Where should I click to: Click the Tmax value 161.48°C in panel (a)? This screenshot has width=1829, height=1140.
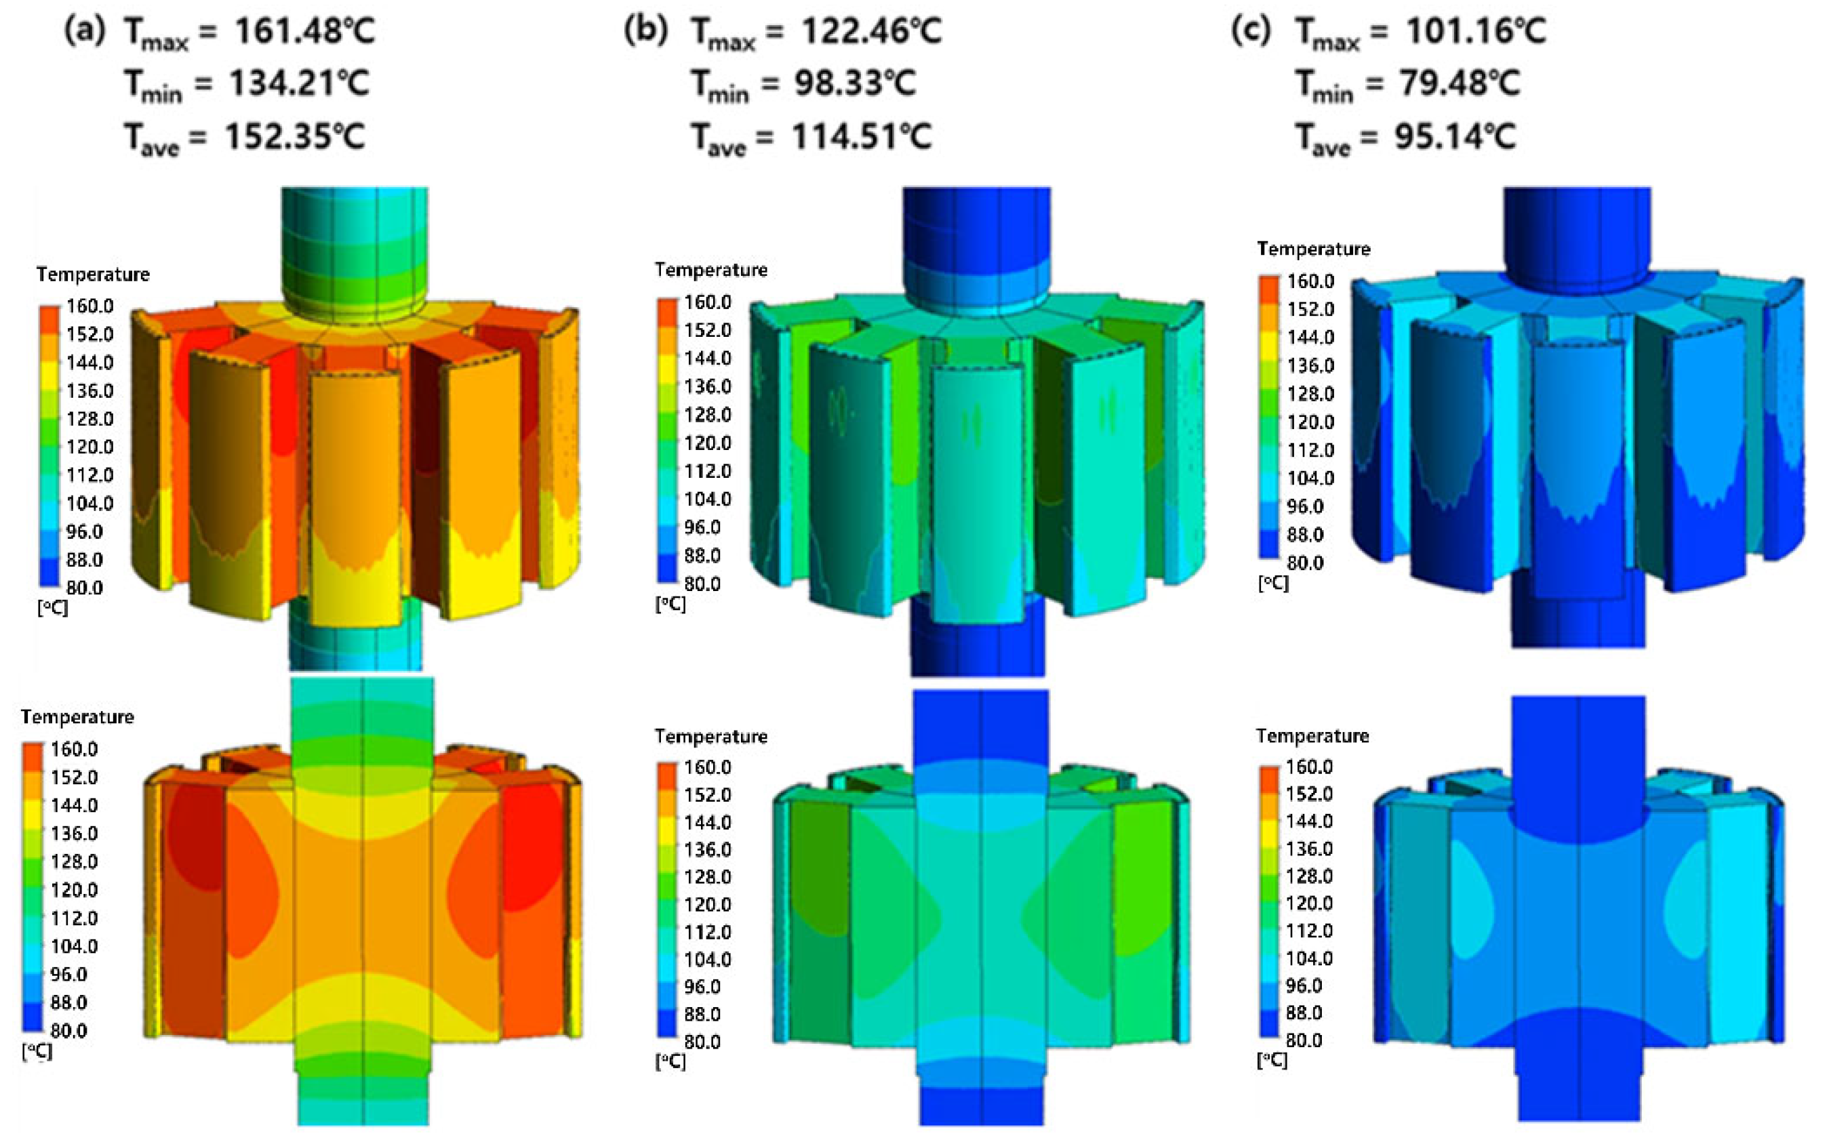coord(304,32)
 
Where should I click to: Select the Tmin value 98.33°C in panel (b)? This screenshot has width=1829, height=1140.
coord(855,83)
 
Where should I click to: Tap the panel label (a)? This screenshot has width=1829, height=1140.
coord(85,32)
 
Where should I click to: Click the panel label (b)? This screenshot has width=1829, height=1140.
coord(645,32)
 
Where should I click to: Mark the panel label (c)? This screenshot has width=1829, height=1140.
coord(1251,32)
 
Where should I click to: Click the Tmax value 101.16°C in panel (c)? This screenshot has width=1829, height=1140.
coord(1475,32)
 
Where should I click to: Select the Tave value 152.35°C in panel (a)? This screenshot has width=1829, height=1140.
coord(295,136)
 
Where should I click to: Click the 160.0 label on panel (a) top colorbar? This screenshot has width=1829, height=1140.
coord(89,306)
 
